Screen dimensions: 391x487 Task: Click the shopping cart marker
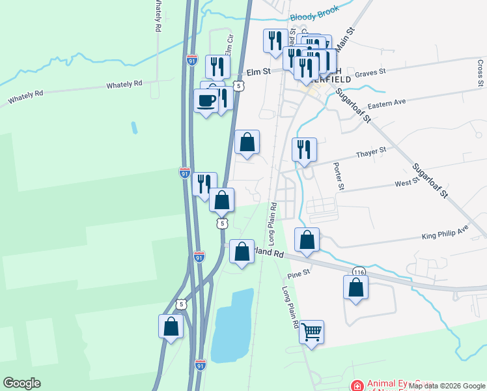[311, 332]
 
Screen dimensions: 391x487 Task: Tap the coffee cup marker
[206, 101]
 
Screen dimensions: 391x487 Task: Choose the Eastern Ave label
[386, 104]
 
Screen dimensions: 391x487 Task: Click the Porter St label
[339, 176]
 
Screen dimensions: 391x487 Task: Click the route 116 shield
[359, 271]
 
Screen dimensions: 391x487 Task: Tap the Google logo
[21, 383]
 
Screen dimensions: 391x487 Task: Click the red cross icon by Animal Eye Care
[356, 386]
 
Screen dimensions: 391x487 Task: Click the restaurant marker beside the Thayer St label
[304, 151]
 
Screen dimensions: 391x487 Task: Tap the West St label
[405, 184]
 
